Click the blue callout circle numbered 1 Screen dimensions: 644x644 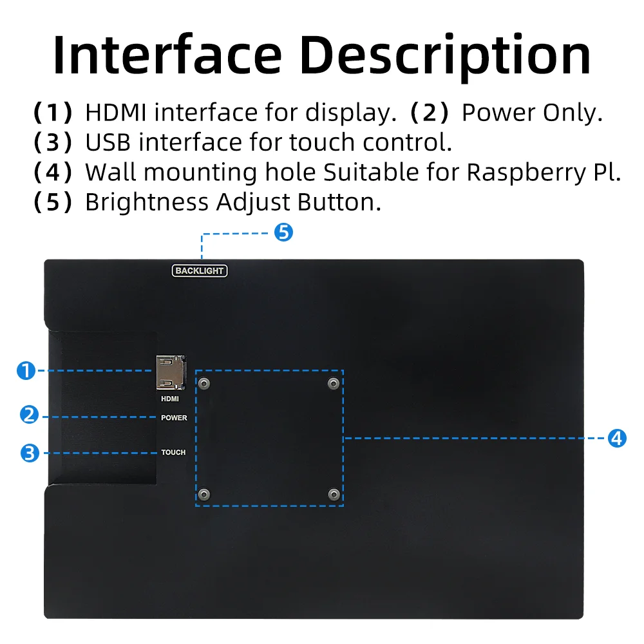point(25,371)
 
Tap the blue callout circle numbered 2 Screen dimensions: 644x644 point(29,415)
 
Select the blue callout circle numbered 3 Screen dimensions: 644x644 point(29,453)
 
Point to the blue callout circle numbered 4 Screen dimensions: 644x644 point(617,438)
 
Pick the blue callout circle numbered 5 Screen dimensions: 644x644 point(283,232)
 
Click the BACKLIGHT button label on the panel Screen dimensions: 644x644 point(200,271)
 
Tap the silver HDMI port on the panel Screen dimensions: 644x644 point(170,373)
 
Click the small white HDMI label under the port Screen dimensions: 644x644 point(170,399)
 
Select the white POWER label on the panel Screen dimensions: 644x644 point(174,418)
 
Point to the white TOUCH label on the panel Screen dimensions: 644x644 point(173,453)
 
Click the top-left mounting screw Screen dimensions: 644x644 point(204,384)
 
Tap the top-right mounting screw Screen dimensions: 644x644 point(333,384)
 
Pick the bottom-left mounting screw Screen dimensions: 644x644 point(204,495)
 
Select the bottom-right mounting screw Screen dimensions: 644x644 point(333,495)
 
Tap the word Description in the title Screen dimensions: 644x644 point(446,57)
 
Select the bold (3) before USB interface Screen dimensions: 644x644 point(53,142)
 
